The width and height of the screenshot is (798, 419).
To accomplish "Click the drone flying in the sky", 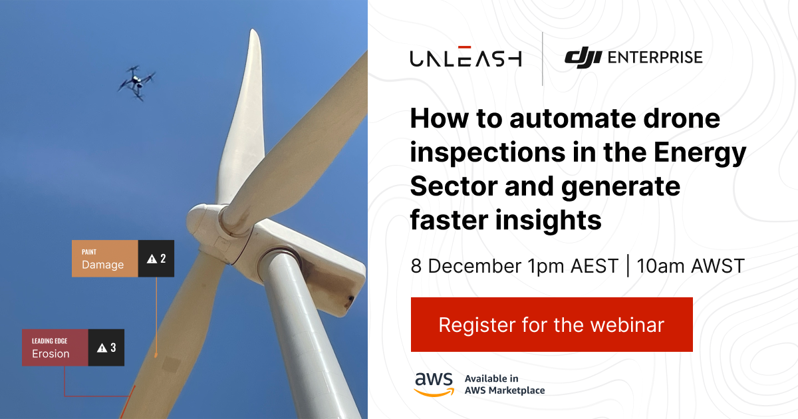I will tap(136, 82).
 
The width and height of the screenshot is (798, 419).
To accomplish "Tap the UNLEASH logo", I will tap(465, 58).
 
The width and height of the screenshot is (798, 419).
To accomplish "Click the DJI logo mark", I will tap(583, 58).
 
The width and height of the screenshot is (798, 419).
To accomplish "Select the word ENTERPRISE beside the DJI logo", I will tap(655, 58).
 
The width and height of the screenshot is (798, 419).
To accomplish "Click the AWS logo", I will tap(434, 384).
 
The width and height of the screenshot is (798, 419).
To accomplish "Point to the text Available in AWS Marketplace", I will tap(504, 384).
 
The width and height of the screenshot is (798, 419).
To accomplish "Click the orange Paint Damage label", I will tap(104, 259).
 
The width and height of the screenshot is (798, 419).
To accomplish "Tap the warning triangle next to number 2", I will tap(152, 259).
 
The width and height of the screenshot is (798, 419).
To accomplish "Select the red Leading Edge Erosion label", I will tap(55, 347).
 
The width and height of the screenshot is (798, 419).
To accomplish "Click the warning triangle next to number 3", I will tap(102, 348).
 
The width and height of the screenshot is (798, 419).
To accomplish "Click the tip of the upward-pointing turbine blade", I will tap(253, 33).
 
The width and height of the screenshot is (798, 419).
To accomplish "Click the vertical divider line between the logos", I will tap(543, 59).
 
